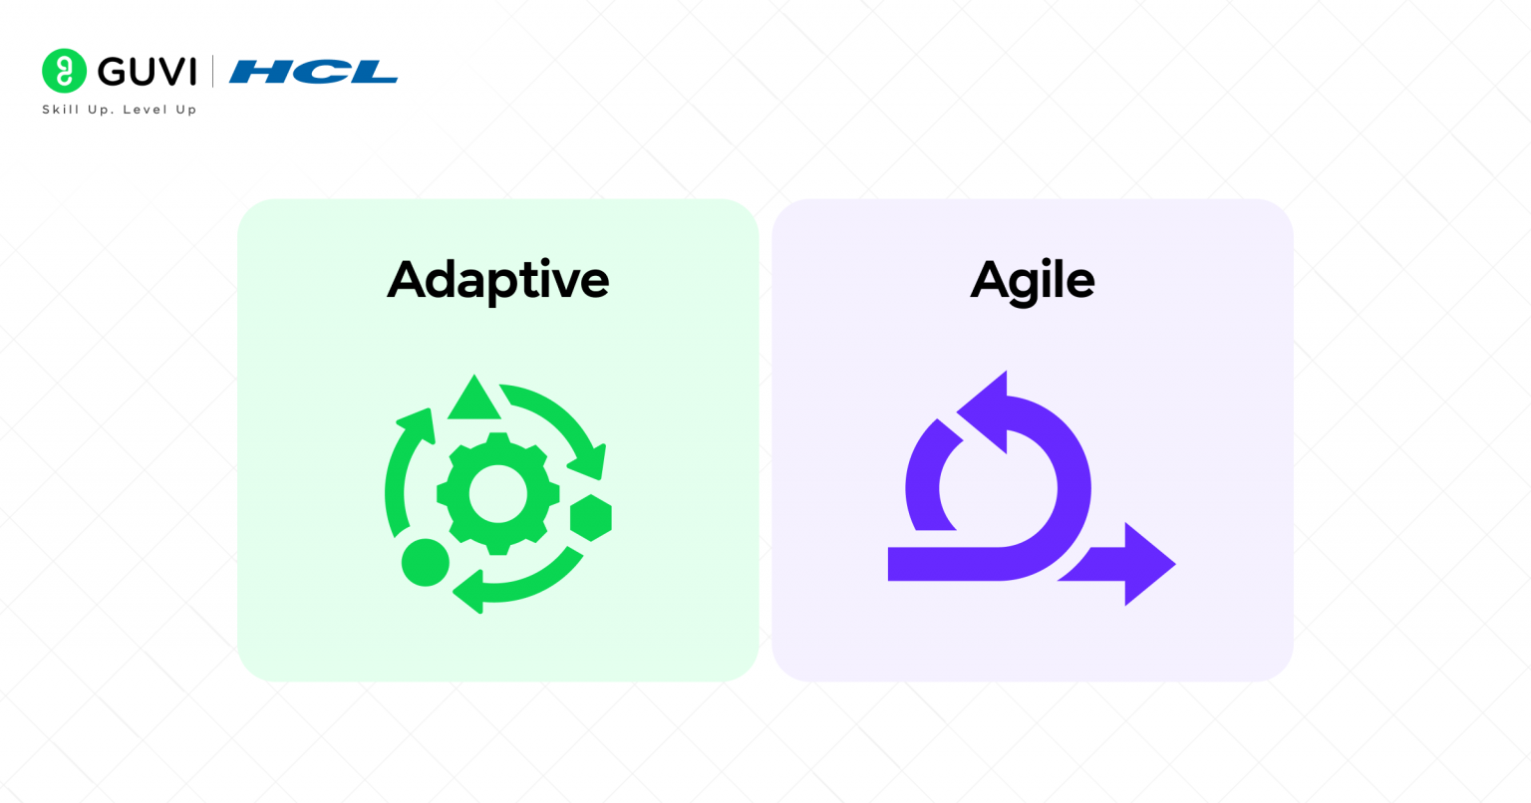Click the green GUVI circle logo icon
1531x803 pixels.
(64, 71)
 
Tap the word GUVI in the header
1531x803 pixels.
(147, 72)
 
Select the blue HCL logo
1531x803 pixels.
(313, 72)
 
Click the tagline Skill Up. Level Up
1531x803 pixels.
(120, 110)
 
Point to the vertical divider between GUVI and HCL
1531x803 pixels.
(212, 71)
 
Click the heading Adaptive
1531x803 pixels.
(497, 280)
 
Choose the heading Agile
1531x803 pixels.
(1032, 281)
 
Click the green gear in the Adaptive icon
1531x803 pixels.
(498, 493)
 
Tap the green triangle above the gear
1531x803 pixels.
(474, 398)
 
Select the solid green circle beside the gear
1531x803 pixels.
(426, 563)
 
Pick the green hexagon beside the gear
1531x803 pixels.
(591, 518)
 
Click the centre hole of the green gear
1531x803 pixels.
(498, 493)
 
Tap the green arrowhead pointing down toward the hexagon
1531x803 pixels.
(588, 462)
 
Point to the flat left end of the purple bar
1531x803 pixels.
(888, 564)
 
